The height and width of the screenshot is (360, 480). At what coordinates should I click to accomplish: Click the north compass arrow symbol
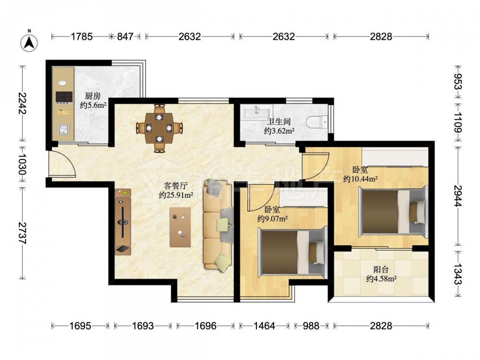point(29,42)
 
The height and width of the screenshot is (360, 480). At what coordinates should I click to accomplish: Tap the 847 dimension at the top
point(125,37)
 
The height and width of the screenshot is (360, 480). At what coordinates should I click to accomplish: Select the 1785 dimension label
point(82,37)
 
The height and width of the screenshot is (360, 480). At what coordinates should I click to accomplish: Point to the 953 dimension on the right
point(457,82)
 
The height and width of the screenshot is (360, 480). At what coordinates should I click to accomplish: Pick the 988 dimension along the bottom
point(311,326)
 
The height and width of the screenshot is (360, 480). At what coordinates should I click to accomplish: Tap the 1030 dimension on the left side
point(22,164)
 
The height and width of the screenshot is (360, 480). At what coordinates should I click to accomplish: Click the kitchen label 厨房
point(93,96)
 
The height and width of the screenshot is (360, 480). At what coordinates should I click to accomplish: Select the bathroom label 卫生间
point(278,122)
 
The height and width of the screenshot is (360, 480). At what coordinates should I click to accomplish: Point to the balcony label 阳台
point(381,270)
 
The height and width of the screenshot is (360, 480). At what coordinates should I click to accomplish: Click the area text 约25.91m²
point(176,195)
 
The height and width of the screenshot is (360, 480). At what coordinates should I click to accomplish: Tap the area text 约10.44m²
point(360,179)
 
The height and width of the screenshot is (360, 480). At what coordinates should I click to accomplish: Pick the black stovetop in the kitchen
point(64,97)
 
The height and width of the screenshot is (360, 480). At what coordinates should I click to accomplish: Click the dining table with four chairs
point(159,128)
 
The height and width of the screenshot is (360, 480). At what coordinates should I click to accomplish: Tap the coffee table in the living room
point(180,227)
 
